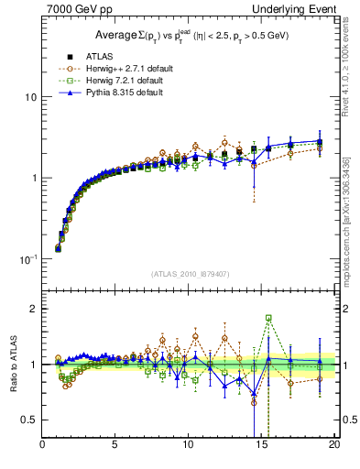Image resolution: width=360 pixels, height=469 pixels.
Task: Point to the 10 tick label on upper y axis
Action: pos(30,97)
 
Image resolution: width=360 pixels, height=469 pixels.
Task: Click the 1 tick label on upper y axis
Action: pos(33,178)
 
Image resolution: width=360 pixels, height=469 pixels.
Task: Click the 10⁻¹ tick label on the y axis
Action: pos(27,259)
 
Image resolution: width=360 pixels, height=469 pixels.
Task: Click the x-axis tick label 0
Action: pos(43,446)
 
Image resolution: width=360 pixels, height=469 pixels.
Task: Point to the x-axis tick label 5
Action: pos(115,446)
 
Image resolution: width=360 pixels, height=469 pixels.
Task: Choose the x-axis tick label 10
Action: pos(189,446)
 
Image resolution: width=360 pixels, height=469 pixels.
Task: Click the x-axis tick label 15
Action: pos(262,446)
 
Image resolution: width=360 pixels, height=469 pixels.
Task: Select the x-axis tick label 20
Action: pos(334,446)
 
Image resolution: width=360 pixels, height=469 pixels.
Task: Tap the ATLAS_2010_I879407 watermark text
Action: pos(189,274)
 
